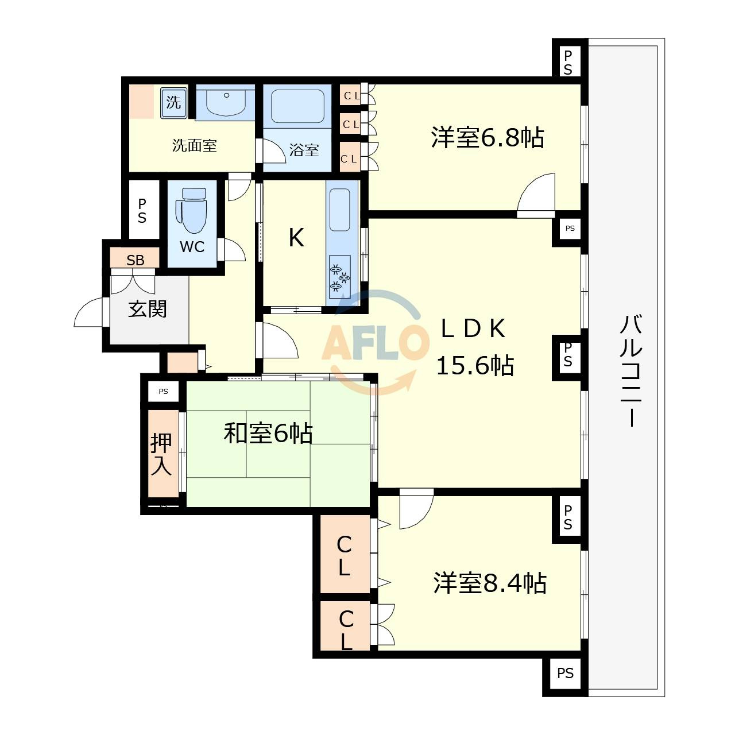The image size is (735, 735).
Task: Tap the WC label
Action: [x=192, y=247]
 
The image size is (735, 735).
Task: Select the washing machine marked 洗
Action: [x=173, y=102]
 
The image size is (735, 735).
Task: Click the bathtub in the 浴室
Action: [x=297, y=106]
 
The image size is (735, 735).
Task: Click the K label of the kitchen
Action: [x=296, y=237]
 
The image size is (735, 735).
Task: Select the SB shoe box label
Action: [x=136, y=260]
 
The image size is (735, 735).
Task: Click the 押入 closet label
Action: [x=161, y=454]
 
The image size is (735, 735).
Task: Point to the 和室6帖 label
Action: [x=268, y=434]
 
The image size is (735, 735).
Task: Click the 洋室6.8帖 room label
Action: [x=488, y=137]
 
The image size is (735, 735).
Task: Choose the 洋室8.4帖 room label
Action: [x=490, y=583]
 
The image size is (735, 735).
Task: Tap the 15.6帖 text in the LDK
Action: [x=475, y=365]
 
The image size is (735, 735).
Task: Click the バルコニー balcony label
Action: [x=631, y=370]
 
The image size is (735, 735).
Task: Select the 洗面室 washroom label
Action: [x=195, y=145]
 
